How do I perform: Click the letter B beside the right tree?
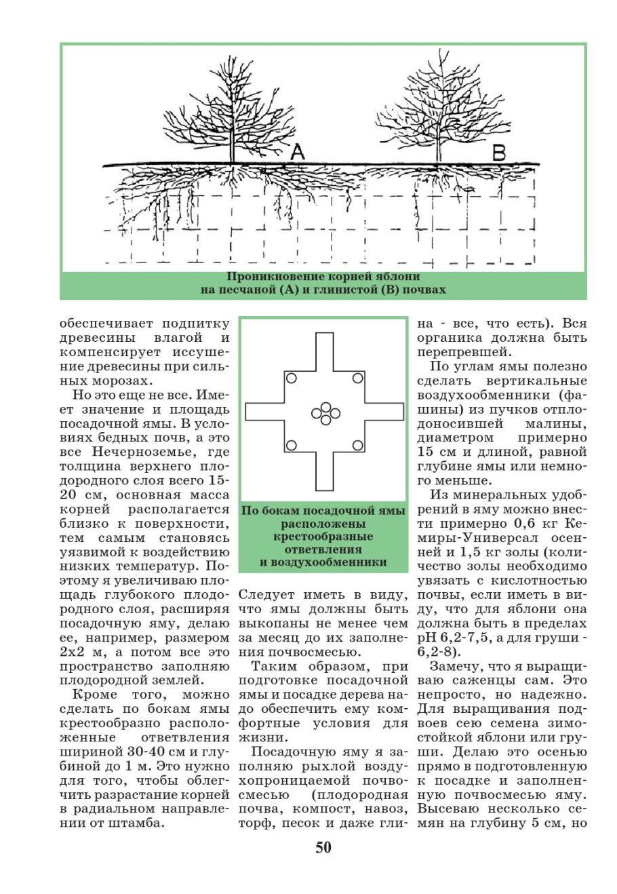[498, 153]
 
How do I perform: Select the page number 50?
[323, 847]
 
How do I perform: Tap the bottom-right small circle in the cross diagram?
[358, 445]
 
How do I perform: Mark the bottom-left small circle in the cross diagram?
[291, 445]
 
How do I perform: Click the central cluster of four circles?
[325, 413]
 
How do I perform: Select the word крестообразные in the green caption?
[324, 537]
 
